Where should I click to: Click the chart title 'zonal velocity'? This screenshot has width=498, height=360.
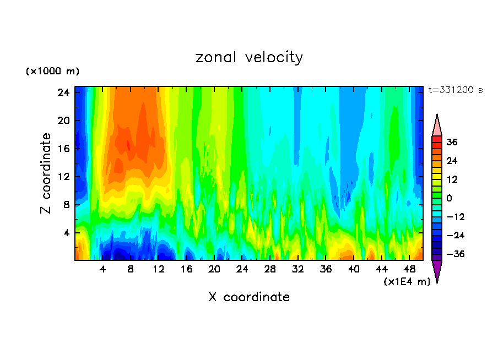pos(249,57)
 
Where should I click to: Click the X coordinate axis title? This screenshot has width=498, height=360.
pos(249,297)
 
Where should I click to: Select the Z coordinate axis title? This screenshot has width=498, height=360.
pos(46,173)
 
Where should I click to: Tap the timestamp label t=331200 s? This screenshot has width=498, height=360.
pos(455,90)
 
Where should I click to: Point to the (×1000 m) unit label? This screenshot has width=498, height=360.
pos(52,72)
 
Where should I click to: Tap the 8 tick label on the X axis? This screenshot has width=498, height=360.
pos(131,270)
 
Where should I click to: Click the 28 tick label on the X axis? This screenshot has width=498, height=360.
pos(270,270)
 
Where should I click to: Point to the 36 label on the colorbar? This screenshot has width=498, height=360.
pos(452,142)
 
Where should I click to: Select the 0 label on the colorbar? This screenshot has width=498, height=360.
pos(450,198)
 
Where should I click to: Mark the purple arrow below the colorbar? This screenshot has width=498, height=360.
pos(437,270)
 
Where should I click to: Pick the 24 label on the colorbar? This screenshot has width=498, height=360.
pos(452,161)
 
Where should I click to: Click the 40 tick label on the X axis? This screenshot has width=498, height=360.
pos(354,270)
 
